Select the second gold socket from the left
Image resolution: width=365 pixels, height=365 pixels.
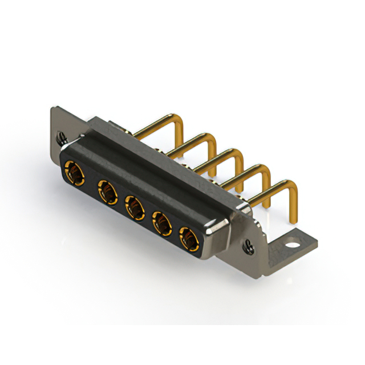click(107, 190)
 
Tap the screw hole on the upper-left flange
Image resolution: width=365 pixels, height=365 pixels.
click(62, 138)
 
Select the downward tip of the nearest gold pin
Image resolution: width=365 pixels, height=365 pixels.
click(295, 220)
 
